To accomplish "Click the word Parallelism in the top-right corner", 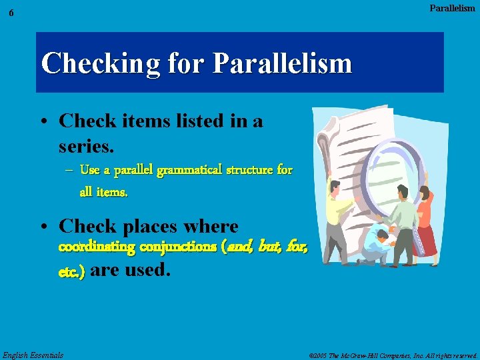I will click(452, 9).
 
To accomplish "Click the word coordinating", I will click(97, 247).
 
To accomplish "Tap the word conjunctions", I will click(177, 247).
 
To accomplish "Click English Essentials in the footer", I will click(33, 355).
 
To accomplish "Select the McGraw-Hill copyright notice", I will click(394, 355).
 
